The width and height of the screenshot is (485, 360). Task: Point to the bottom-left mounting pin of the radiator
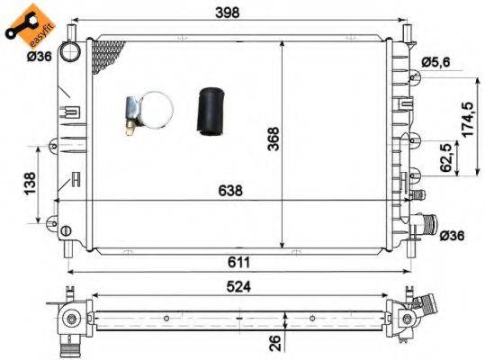(67, 241)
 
